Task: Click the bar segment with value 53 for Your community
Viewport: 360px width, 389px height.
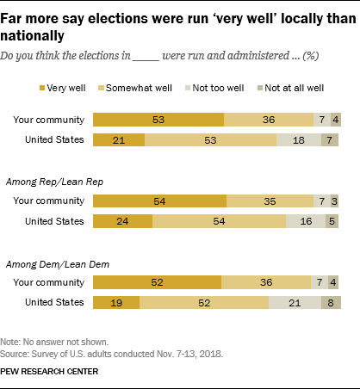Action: [158, 120]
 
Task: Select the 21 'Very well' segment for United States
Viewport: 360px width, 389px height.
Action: [118, 139]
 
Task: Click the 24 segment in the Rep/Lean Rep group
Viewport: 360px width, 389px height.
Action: [122, 220]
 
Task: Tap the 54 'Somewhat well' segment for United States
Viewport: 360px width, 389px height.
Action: [219, 220]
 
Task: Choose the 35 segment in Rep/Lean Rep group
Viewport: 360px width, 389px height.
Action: [270, 201]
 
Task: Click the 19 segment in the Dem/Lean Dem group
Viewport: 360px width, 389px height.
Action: [115, 302]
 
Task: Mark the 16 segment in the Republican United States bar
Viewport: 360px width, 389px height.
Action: [306, 220]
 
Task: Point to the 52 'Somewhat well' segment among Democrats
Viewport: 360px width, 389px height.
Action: [203, 302]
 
